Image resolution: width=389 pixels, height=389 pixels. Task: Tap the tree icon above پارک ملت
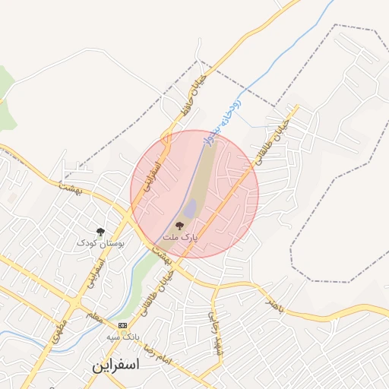click(x=180, y=226)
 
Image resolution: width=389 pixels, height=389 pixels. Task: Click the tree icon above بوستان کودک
click(x=100, y=232)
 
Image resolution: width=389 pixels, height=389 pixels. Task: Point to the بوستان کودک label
click(x=100, y=244)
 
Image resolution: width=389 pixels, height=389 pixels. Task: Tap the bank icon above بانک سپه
click(x=122, y=325)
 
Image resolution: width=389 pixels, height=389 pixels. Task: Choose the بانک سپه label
click(x=123, y=336)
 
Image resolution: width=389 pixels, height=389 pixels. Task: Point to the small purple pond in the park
click(x=190, y=207)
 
